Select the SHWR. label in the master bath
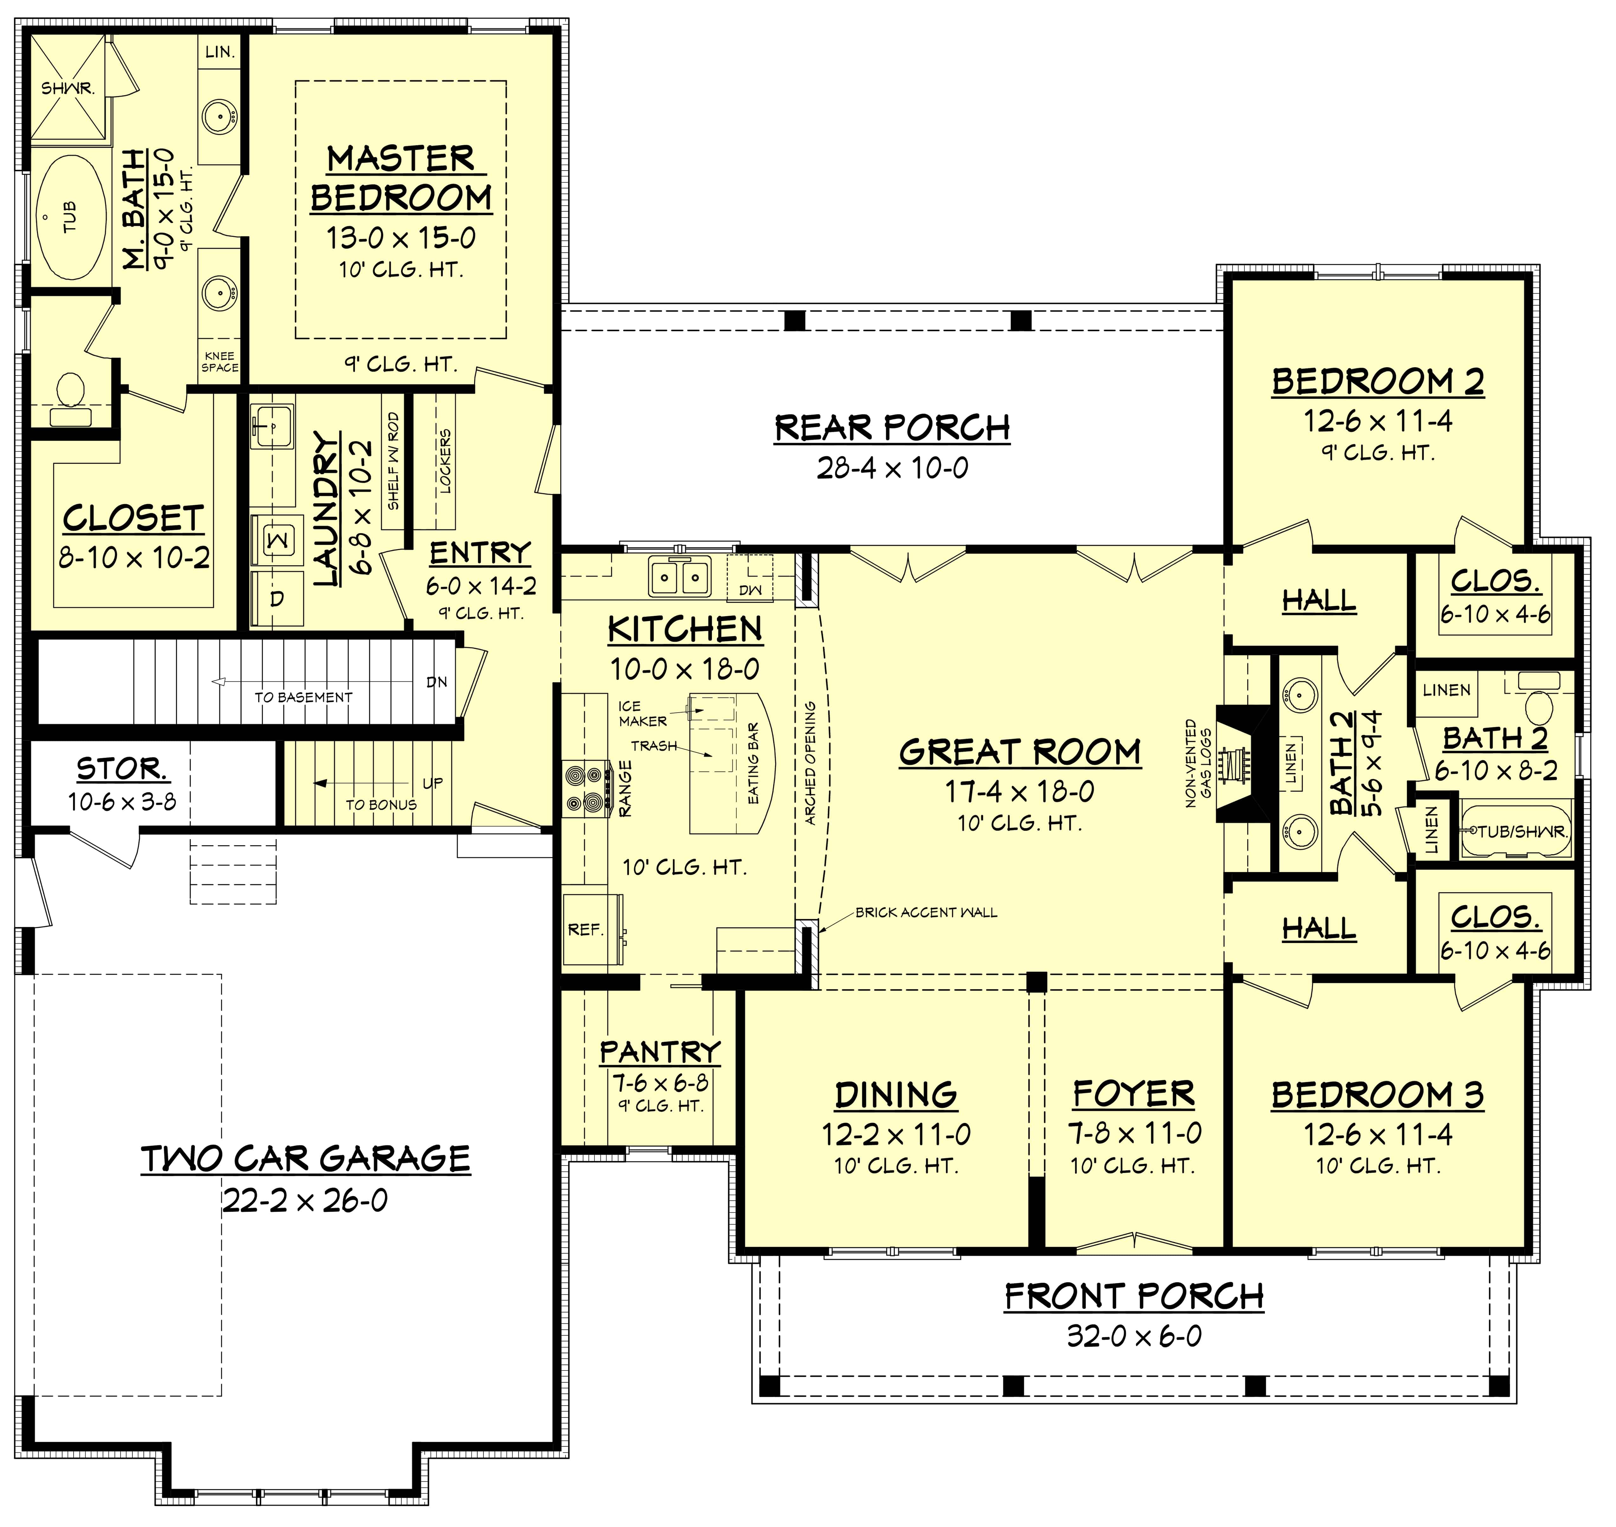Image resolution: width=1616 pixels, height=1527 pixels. (x=67, y=88)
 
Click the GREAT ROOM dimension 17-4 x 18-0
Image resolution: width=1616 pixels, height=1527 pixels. (x=1019, y=791)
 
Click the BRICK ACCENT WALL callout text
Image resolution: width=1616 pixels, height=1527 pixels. (x=926, y=913)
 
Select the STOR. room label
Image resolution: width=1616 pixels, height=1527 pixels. (x=122, y=768)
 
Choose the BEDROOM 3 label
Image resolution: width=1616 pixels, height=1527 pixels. (x=1377, y=1095)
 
